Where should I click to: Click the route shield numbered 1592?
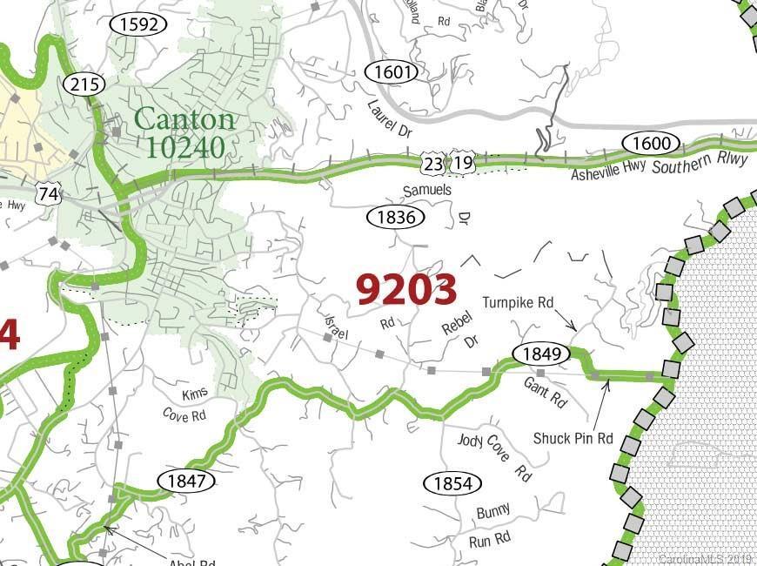click(138, 24)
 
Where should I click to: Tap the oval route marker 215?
click(84, 84)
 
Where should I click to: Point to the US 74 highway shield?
click(50, 194)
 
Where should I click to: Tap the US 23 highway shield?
click(433, 163)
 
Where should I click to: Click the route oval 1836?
click(395, 217)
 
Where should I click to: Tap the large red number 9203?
click(406, 289)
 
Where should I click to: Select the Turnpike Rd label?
click(518, 303)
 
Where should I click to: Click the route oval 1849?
click(540, 354)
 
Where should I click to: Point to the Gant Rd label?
click(546, 394)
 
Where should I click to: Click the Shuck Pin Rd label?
click(573, 438)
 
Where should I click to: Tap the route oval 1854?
click(452, 483)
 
